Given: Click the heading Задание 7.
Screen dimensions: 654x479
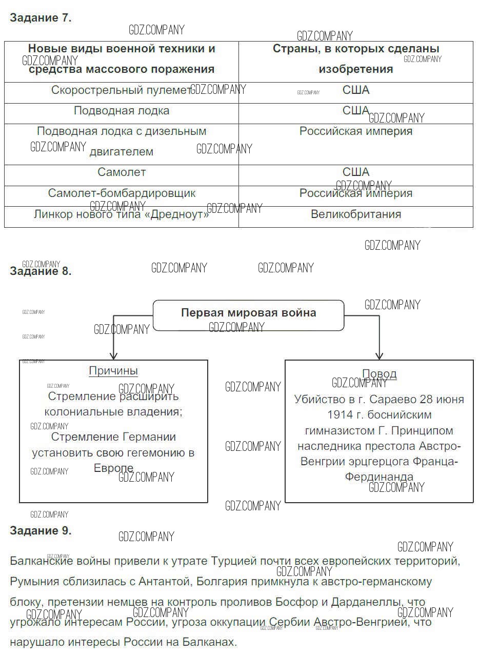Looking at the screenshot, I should coord(41,18).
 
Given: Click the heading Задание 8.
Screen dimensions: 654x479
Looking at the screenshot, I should coord(41,271).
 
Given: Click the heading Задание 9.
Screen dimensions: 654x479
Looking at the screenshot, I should coord(41,531).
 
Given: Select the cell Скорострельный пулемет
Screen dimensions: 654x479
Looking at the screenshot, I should coord(121,90).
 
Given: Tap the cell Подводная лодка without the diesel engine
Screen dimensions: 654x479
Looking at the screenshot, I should coord(122,111).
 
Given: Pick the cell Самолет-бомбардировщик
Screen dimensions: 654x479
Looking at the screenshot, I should coord(122,193).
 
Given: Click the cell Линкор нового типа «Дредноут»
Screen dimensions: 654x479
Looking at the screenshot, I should coord(122,214).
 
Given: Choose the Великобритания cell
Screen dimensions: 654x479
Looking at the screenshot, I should coord(356,214).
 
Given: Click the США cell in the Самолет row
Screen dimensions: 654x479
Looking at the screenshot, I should coord(356,172).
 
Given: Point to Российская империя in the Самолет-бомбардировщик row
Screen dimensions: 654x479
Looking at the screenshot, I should coord(356,193).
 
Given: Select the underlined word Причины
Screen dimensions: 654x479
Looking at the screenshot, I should coord(113,371).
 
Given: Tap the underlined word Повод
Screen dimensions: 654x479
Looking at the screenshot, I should coord(380,374).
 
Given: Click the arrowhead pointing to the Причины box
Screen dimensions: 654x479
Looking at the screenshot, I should coord(113,355).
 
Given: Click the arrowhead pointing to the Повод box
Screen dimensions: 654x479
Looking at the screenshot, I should coord(380,355).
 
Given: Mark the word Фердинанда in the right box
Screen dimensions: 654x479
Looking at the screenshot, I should coord(379,477).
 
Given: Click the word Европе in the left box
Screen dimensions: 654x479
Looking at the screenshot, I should coord(113,468).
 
